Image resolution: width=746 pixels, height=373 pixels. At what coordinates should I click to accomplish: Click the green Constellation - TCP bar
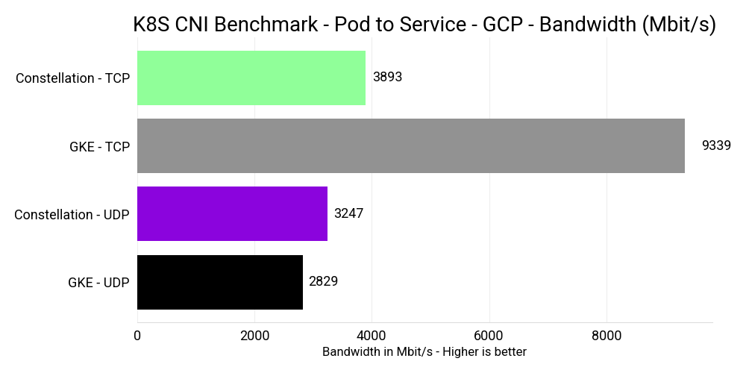(251, 78)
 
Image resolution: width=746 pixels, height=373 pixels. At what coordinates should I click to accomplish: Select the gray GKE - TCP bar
(411, 146)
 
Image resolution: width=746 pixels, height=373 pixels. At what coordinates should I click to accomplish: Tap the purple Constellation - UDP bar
(232, 214)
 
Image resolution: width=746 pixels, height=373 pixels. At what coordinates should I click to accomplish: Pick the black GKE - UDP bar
(220, 282)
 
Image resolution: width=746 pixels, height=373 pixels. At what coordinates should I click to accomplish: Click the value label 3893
(387, 78)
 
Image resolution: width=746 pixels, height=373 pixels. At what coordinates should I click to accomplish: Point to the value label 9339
(716, 146)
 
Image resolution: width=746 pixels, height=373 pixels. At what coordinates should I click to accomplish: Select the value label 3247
(349, 214)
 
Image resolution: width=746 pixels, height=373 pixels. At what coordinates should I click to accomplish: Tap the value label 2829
(324, 282)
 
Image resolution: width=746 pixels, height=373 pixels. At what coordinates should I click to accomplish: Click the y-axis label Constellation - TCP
(72, 78)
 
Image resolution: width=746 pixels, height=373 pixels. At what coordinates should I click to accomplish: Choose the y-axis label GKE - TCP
(99, 147)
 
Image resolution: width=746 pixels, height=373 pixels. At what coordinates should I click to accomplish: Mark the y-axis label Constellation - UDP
(72, 215)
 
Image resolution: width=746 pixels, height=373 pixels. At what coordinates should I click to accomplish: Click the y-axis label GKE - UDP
(98, 283)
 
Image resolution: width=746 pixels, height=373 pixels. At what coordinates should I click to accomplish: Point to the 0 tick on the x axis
(137, 336)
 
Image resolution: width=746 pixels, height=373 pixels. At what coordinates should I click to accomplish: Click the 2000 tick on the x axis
(254, 336)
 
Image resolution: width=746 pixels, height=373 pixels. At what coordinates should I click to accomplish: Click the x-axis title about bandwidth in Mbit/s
(424, 352)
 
